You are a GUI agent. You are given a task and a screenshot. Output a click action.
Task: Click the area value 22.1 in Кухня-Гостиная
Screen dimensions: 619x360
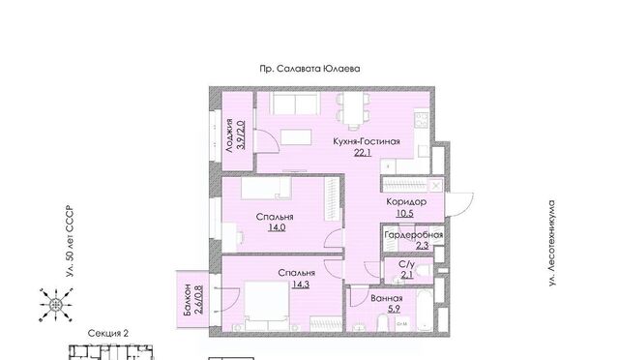(x=363, y=153)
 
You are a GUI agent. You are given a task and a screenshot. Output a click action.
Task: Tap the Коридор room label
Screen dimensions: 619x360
(x=406, y=202)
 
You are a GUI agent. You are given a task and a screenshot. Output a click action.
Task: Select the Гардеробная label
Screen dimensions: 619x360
(x=414, y=235)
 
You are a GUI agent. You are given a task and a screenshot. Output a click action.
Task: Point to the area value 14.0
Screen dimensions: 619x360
(x=277, y=227)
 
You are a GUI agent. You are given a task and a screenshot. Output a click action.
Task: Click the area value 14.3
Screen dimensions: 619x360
(x=301, y=285)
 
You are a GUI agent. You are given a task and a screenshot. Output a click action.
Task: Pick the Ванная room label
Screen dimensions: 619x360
(x=387, y=299)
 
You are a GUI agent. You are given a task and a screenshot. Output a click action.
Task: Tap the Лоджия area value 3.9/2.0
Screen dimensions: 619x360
(x=241, y=135)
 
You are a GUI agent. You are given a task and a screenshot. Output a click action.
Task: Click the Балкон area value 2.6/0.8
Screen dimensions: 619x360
(x=198, y=299)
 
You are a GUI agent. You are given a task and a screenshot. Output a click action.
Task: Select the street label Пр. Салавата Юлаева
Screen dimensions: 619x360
(x=309, y=69)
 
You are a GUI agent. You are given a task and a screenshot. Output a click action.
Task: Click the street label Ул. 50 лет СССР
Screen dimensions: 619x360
(x=70, y=241)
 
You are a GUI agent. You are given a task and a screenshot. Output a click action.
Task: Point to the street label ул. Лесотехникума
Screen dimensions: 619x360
(x=552, y=244)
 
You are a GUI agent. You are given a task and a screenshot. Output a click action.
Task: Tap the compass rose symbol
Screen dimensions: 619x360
(x=56, y=305)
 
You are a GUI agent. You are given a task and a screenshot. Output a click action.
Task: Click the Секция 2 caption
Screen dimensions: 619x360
(x=108, y=333)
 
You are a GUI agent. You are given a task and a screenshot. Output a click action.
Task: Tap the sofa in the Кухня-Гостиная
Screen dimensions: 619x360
(x=295, y=104)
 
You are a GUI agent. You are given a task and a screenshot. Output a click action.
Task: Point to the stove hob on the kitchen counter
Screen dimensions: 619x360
(x=422, y=120)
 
